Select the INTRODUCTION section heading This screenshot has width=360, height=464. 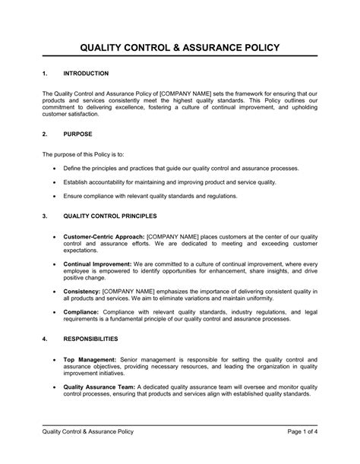[x=87, y=74]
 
